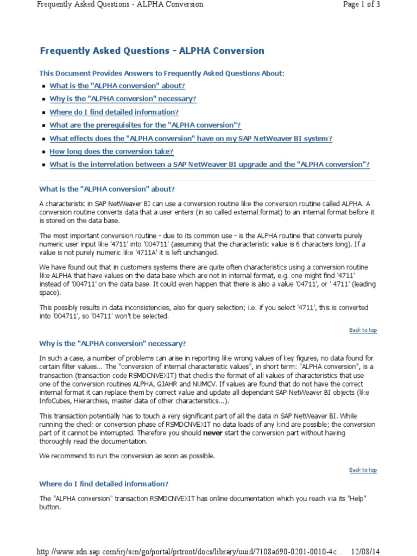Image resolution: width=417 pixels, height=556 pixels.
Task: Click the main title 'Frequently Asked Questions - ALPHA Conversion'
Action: tap(152, 51)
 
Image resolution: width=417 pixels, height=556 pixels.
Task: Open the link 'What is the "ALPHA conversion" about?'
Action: tap(117, 86)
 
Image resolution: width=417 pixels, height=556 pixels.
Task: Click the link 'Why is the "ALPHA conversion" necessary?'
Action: tap(123, 99)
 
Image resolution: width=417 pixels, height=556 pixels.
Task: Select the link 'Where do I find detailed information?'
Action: tap(114, 112)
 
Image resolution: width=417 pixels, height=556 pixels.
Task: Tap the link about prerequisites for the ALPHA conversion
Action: tap(145, 125)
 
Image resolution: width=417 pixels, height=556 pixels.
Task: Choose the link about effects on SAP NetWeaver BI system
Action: tap(191, 138)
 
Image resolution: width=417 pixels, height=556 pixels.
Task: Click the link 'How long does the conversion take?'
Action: tap(111, 151)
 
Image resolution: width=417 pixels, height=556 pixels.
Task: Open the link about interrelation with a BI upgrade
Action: tap(210, 165)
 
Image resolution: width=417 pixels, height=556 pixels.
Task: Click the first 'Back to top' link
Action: tap(363, 330)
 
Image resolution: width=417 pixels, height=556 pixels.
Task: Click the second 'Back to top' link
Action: tap(363, 470)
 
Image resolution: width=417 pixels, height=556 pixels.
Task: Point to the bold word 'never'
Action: tap(212, 433)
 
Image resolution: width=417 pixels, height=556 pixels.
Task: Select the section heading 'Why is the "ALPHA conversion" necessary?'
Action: tap(112, 344)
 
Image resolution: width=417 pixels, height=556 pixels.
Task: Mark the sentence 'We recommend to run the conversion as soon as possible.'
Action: tap(127, 456)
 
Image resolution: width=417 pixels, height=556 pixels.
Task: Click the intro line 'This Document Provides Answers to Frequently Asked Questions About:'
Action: tap(161, 73)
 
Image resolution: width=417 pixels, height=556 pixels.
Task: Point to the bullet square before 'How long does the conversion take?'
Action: tap(43, 152)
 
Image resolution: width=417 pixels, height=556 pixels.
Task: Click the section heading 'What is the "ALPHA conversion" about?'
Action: tap(107, 189)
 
